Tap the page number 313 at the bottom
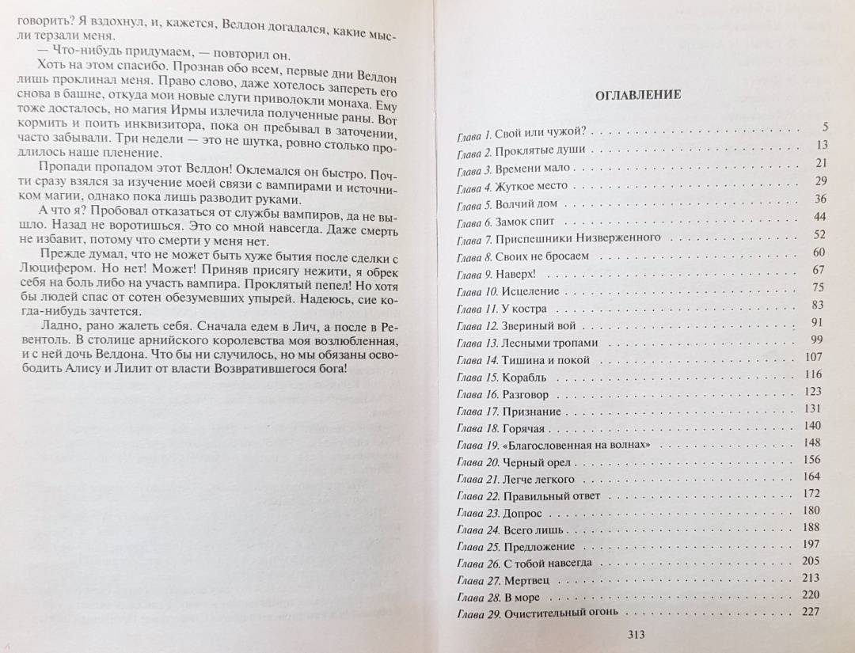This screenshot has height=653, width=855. (x=637, y=633)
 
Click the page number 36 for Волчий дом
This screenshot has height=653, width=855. (x=819, y=199)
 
